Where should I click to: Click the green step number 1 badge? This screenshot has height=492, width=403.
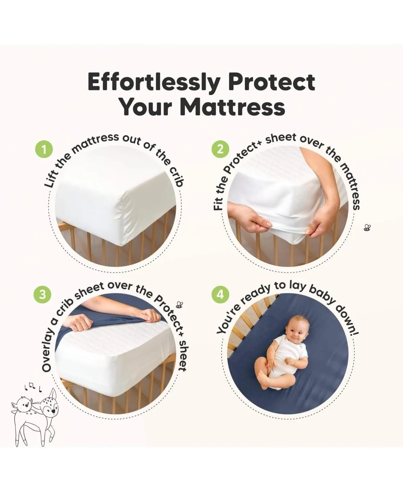(44, 150)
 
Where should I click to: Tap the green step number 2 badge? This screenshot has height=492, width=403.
(220, 149)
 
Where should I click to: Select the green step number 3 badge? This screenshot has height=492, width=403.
(42, 294)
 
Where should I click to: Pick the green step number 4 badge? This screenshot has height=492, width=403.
(220, 294)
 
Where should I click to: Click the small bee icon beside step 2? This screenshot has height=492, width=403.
(367, 228)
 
